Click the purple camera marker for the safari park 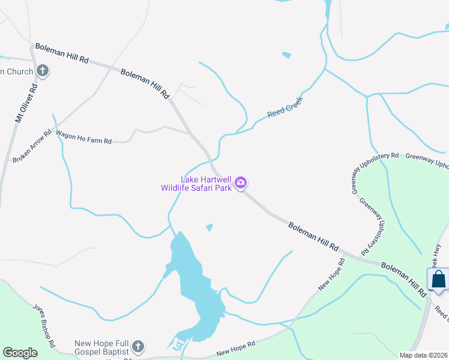point(241,183)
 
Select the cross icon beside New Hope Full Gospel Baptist point(138,346)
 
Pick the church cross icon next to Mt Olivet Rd point(42,71)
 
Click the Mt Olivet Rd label point(26,103)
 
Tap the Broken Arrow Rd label point(34,147)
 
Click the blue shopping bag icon point(439,280)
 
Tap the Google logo point(20,352)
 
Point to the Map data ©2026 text point(423,355)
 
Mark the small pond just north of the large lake point(209,227)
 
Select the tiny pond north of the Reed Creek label point(286,56)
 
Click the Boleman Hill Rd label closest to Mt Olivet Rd point(62,53)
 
